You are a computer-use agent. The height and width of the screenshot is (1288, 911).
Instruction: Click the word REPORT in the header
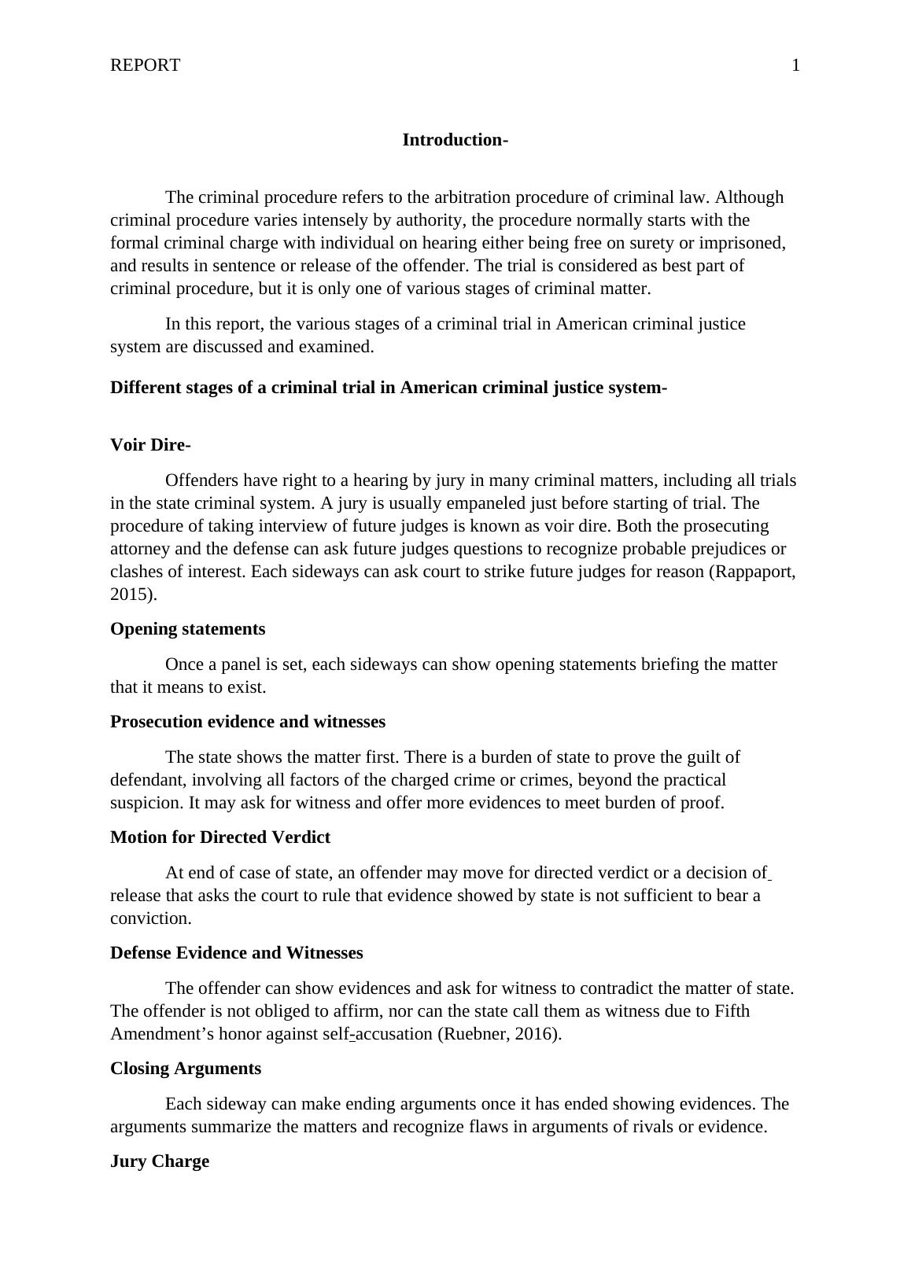(x=145, y=65)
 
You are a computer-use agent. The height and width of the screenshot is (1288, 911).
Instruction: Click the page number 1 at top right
(x=795, y=65)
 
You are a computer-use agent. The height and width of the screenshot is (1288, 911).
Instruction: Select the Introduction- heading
(x=455, y=140)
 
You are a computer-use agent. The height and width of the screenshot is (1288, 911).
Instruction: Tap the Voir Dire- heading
(x=150, y=445)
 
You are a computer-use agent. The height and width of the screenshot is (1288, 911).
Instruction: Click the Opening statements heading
(x=187, y=629)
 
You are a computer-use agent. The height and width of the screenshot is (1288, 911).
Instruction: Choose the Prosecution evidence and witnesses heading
(x=248, y=722)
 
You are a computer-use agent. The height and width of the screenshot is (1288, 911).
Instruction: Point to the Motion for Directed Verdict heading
(x=220, y=837)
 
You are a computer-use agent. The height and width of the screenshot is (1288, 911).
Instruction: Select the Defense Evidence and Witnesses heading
(x=236, y=953)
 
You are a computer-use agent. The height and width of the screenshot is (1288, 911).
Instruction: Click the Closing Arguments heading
(x=186, y=1069)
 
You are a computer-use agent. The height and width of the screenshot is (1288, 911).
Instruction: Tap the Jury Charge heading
(x=160, y=1161)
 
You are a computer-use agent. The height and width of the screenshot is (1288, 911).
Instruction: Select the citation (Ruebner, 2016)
(x=499, y=1034)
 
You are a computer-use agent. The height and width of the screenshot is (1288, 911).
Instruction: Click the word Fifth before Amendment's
(x=732, y=1011)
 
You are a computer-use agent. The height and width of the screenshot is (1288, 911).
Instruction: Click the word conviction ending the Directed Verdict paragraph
(x=149, y=918)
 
